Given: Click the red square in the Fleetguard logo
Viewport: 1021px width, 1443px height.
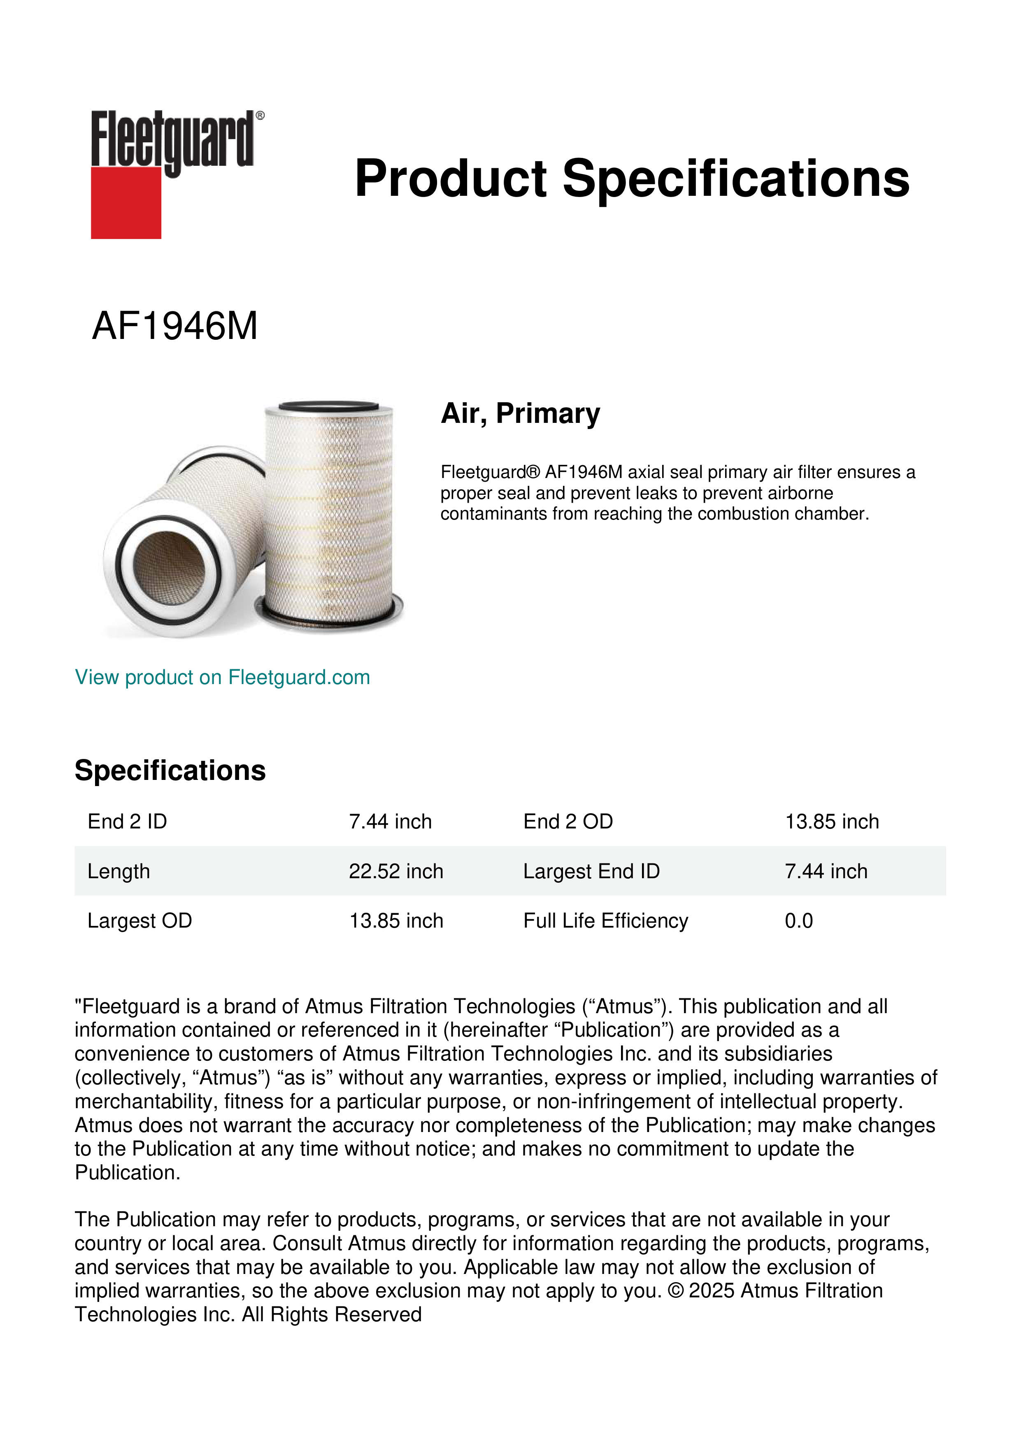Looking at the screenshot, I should coord(126,202).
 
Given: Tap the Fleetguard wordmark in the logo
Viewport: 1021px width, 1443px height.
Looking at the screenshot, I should coord(173,139).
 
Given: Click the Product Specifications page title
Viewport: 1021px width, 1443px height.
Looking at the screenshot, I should coord(632,179).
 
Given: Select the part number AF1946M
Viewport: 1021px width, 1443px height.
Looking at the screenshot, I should coord(175,326).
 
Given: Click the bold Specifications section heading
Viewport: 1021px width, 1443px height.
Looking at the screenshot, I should coord(170,770).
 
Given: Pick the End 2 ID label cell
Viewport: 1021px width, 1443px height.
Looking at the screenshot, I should coord(127,821).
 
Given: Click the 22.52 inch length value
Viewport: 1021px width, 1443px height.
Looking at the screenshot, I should coord(395,871).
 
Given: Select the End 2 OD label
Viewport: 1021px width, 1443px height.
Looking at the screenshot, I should coord(568,821).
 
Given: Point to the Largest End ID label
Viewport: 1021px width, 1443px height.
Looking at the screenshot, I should coord(591,871).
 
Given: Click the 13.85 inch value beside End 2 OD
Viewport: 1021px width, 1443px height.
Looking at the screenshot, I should coord(831,821).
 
